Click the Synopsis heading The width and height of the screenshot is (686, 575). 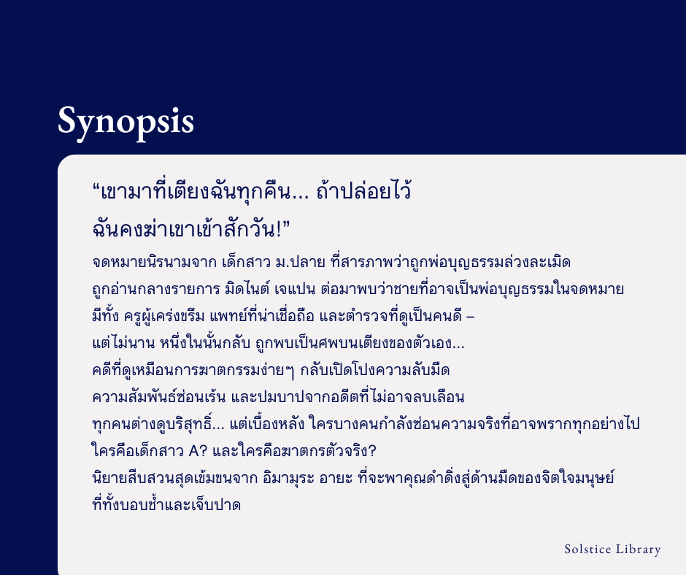[126, 121]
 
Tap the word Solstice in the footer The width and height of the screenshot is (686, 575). [587, 549]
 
